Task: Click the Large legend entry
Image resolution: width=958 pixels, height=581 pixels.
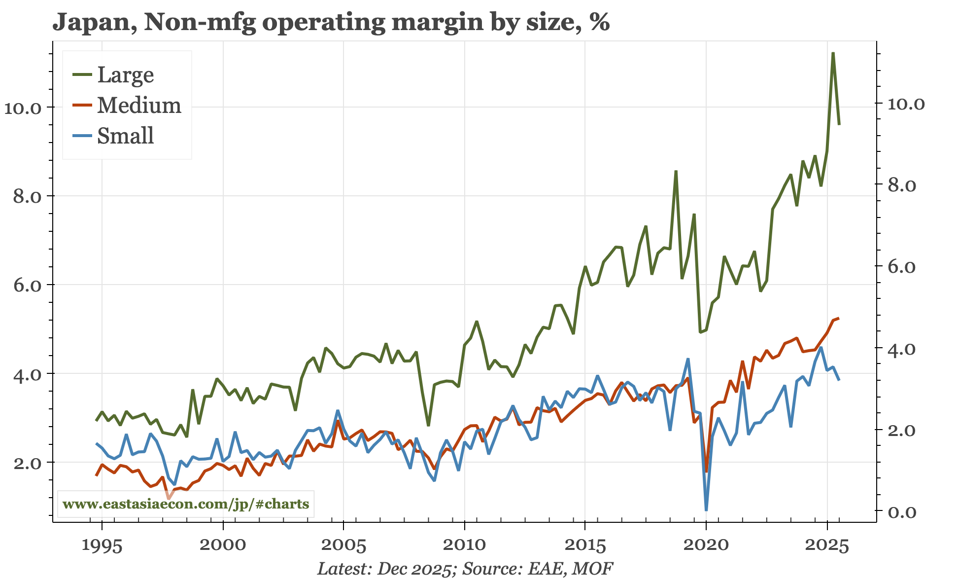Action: click(x=125, y=75)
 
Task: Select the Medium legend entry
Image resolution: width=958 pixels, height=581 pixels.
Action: click(x=138, y=106)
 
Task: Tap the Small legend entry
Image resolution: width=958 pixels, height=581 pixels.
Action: click(x=125, y=136)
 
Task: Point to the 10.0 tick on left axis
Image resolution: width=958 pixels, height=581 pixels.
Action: click(x=24, y=108)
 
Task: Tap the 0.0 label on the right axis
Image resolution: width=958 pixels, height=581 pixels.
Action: click(x=902, y=512)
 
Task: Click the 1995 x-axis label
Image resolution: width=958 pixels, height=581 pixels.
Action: click(x=102, y=546)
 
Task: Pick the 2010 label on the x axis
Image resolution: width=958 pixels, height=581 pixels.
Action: click(x=464, y=546)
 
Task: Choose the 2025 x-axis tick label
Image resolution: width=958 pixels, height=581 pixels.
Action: click(x=826, y=546)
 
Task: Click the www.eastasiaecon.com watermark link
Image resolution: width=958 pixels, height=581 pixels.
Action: click(x=186, y=504)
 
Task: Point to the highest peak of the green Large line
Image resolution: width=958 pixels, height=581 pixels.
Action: click(x=832, y=53)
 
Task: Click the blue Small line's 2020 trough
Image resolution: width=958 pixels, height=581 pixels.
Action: click(x=706, y=509)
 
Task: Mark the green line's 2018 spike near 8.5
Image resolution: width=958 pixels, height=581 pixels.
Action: click(x=676, y=171)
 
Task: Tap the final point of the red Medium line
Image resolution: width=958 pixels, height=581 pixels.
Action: click(x=838, y=318)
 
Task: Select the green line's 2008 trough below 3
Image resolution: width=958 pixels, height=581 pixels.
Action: click(x=429, y=425)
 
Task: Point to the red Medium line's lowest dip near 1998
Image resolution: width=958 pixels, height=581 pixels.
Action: click(x=169, y=498)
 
